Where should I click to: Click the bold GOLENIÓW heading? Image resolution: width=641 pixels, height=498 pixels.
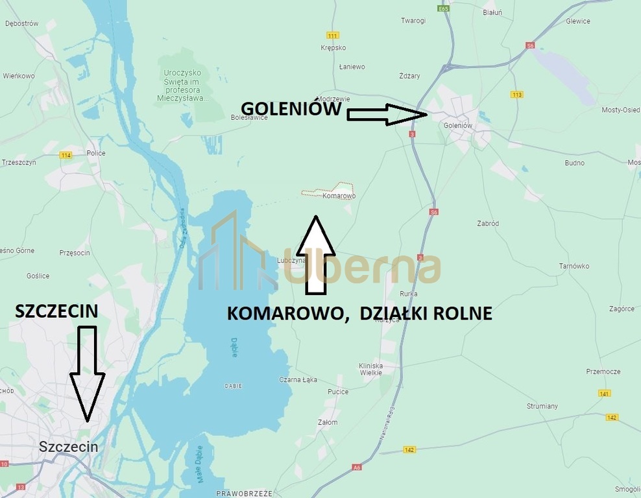(x=291, y=108)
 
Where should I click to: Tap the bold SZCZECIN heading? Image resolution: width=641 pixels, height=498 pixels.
(x=56, y=311)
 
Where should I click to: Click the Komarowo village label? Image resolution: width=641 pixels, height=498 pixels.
(x=339, y=196)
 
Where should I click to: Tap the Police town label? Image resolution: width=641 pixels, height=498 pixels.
(x=96, y=154)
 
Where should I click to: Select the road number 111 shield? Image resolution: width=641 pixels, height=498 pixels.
(x=333, y=35)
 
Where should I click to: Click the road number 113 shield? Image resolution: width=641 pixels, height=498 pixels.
(x=516, y=95)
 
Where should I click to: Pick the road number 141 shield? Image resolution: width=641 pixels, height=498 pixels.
(x=605, y=394)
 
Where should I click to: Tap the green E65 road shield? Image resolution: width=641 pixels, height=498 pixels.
(x=444, y=9)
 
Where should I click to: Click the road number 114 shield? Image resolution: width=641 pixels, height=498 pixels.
(x=66, y=155)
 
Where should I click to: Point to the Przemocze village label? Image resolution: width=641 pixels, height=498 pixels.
(x=603, y=372)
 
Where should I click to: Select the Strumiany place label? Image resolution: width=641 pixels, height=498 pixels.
(x=542, y=406)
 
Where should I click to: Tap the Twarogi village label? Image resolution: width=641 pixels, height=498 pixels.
(x=413, y=21)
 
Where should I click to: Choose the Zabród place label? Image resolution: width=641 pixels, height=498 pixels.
(x=487, y=224)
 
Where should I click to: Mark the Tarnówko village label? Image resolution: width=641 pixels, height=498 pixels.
(x=574, y=266)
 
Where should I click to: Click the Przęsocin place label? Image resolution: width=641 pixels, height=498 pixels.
(x=75, y=253)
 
